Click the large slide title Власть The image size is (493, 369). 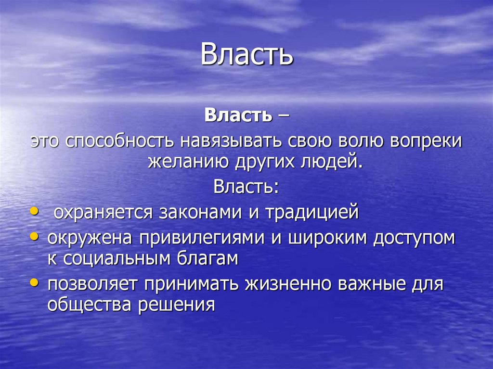(x=246, y=54)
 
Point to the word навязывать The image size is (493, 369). (x=233, y=142)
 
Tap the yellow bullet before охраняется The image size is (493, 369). (x=34, y=211)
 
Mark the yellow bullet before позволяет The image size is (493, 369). (x=34, y=283)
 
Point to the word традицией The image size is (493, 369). (x=312, y=212)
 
